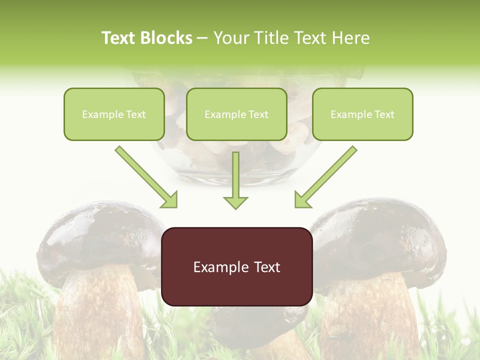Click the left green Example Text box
[114, 114]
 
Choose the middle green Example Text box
[236, 114]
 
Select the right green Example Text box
[362, 114]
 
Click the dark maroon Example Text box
[236, 267]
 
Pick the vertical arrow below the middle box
[235, 180]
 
